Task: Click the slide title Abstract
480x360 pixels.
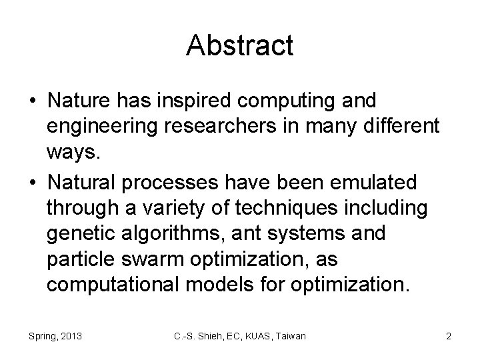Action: [240, 45]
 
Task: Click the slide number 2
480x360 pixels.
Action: [448, 336]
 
